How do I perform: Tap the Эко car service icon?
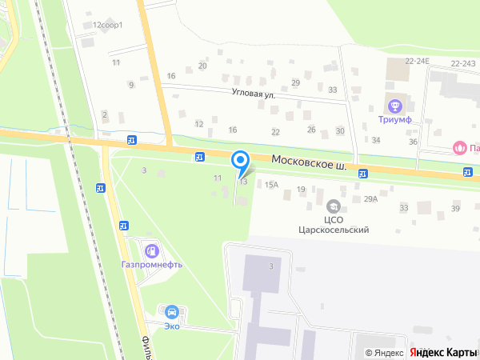[170, 310]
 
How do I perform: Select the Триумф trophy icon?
[394, 106]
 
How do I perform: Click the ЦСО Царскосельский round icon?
[334, 205]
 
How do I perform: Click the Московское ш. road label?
[309, 162]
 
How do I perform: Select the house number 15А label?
[272, 185]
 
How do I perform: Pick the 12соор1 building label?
[107, 26]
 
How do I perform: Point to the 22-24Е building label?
[417, 62]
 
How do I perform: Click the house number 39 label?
[455, 208]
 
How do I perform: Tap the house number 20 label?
[202, 66]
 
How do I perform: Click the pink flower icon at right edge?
[459, 147]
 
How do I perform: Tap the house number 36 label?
[413, 142]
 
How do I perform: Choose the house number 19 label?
[301, 189]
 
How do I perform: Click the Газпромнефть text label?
[152, 265]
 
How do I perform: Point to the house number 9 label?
[130, 85]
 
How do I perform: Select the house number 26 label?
[311, 130]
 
